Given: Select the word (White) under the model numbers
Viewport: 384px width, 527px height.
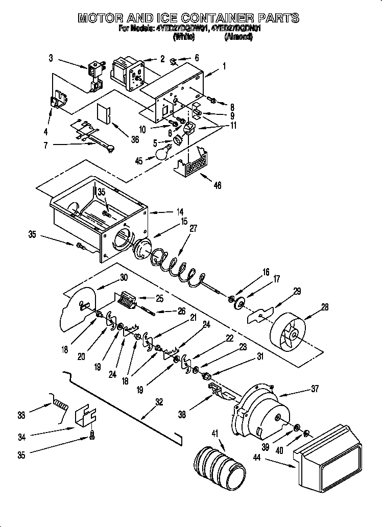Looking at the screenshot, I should point(184,37).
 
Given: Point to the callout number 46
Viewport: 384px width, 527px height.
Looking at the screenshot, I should point(217,185).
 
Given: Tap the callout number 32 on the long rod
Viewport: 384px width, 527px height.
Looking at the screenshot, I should point(159,401).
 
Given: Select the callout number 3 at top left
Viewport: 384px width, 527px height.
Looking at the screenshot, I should point(51,58).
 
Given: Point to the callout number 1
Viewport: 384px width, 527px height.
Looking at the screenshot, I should point(224,65).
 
